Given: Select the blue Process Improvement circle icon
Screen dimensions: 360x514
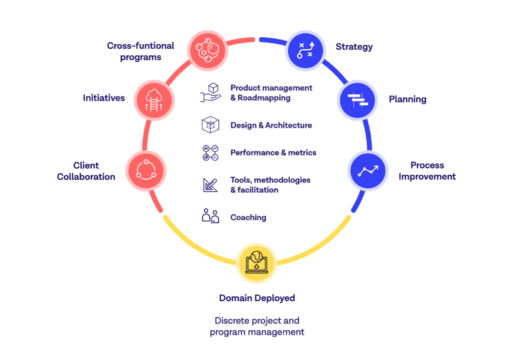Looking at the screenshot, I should point(367,170).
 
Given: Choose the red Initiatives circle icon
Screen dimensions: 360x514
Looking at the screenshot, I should point(155,99).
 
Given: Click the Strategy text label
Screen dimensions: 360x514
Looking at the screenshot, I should point(354,47).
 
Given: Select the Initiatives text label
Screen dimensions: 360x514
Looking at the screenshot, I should point(103,98).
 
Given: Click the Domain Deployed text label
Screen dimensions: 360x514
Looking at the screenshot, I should point(256,298).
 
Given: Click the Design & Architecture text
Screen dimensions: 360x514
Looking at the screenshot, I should point(271,125).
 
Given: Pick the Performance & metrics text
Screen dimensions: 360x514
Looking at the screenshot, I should point(272,152).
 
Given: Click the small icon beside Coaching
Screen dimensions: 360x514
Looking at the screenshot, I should point(210,215).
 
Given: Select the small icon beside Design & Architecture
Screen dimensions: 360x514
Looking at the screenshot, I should point(210,125).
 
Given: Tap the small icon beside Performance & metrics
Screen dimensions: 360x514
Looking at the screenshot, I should point(210,152).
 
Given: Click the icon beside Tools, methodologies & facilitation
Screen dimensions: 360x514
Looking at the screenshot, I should point(210,184).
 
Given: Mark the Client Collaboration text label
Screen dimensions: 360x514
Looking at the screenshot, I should point(85,171).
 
